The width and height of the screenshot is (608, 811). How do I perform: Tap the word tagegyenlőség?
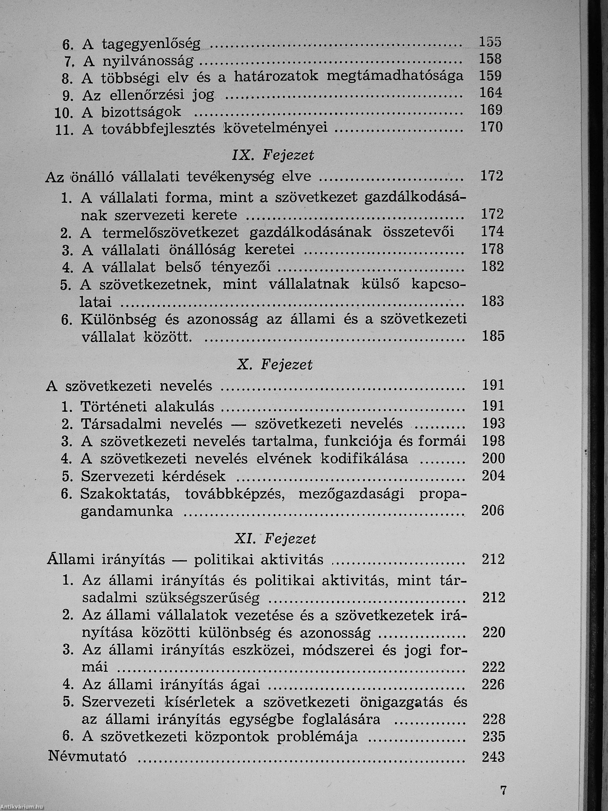click(x=151, y=44)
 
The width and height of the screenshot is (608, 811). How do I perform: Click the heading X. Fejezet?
click(x=275, y=365)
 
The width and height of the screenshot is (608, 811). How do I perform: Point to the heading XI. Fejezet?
click(x=275, y=539)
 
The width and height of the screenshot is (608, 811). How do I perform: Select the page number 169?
click(x=491, y=110)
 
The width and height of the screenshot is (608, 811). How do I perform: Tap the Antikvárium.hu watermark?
click(x=22, y=808)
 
